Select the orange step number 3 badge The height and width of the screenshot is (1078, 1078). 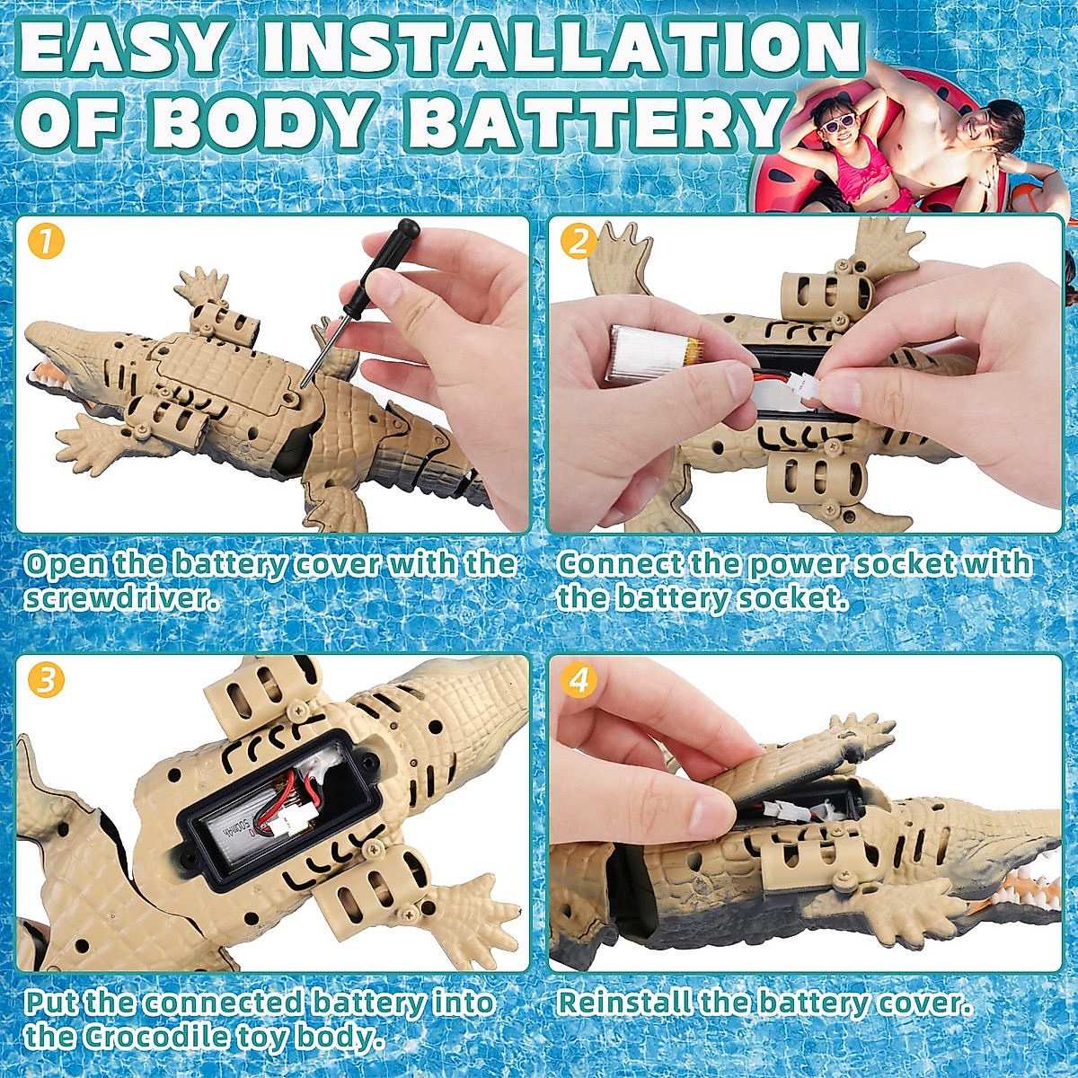tap(47, 680)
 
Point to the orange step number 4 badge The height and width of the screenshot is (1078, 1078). tap(579, 680)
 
